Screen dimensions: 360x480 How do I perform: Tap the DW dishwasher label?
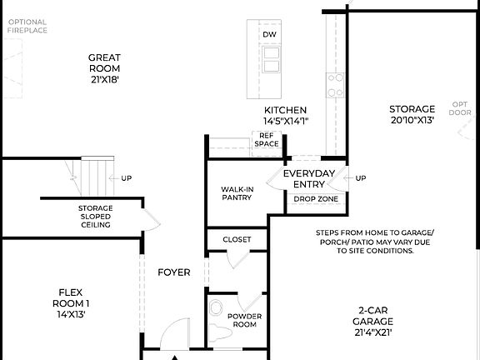pyautogui.click(x=269, y=34)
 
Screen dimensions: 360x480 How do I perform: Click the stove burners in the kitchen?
pyautogui.click(x=336, y=83)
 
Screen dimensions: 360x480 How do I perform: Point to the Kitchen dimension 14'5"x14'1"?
pyautogui.click(x=286, y=121)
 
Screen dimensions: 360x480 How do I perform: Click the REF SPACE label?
pyautogui.click(x=267, y=139)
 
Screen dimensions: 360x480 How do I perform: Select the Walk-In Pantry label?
pyautogui.click(x=237, y=194)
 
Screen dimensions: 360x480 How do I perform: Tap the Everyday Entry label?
pyautogui.click(x=309, y=178)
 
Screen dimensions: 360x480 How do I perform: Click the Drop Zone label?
pyautogui.click(x=315, y=199)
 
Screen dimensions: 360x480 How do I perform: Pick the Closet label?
pyautogui.click(x=237, y=239)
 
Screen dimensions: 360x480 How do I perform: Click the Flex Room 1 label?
pyautogui.click(x=70, y=303)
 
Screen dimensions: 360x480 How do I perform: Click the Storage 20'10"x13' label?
pyautogui.click(x=412, y=114)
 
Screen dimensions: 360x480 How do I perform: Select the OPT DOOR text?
pyautogui.click(x=460, y=108)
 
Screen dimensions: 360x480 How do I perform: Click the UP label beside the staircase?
pyautogui.click(x=126, y=177)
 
